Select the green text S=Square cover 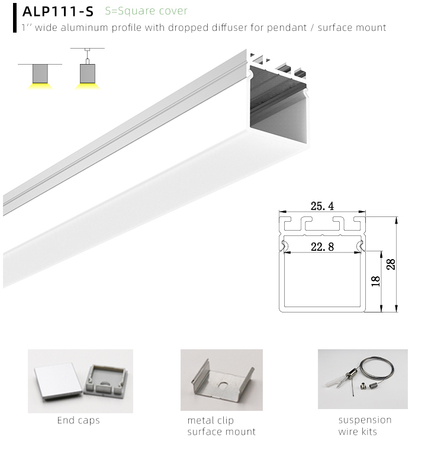pyautogui.click(x=146, y=11)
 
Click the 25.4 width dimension pyautogui.click(x=322, y=206)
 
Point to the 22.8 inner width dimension pyautogui.click(x=322, y=247)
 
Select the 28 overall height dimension pyautogui.click(x=391, y=264)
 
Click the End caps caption pyautogui.click(x=78, y=420)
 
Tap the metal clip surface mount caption pyautogui.click(x=221, y=426)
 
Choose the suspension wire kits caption pyautogui.click(x=365, y=426)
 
